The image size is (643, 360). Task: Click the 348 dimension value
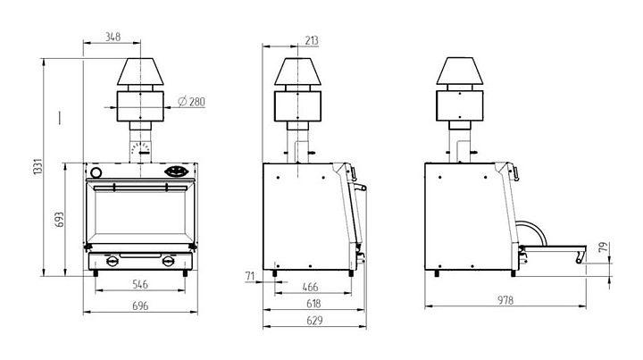(113, 37)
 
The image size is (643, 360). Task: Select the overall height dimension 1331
(38, 167)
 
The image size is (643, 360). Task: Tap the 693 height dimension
(60, 220)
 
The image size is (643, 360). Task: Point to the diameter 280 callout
(192, 101)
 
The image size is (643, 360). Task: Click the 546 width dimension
(140, 284)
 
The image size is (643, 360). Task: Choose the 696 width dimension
(140, 306)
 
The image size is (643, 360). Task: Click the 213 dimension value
(312, 40)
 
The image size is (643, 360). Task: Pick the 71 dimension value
(250, 276)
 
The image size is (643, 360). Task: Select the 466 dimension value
(310, 287)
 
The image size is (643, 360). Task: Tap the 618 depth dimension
(313, 304)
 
